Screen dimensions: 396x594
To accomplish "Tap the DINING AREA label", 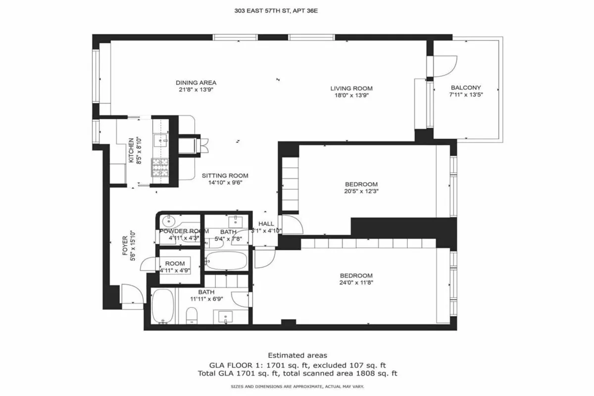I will [x=196, y=83].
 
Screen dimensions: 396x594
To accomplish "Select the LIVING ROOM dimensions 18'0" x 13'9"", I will [x=351, y=95].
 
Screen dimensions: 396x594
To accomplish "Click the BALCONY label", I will [x=465, y=87].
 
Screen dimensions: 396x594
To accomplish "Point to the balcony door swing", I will [x=445, y=66].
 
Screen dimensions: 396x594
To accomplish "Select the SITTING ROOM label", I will [x=225, y=176].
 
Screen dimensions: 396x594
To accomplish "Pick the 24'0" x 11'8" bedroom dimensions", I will [x=356, y=283].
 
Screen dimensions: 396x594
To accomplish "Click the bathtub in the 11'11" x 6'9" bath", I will [x=162, y=306].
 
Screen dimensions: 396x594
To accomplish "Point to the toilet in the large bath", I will [x=192, y=315].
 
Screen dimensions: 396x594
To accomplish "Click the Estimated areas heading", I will [x=297, y=355].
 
